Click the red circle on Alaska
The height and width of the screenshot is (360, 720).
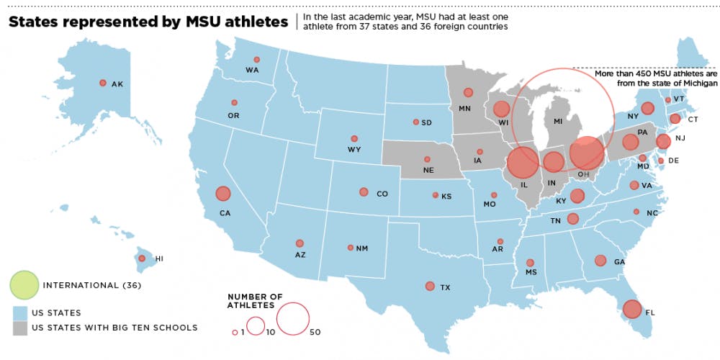click(x=102, y=84)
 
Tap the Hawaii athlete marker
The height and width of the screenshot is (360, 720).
click(x=142, y=258)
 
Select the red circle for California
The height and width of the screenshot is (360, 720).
click(x=222, y=193)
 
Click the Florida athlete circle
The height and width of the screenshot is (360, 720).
click(x=632, y=309)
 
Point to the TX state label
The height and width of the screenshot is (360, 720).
click(x=445, y=288)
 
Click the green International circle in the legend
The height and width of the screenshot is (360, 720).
click(x=24, y=285)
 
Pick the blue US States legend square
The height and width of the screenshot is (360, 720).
click(x=20, y=313)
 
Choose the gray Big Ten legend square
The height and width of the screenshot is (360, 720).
click(x=20, y=328)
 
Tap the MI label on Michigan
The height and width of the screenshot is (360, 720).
click(x=557, y=122)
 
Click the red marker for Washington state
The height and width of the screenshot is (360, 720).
click(x=256, y=60)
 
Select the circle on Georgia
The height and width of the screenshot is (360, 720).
click(x=600, y=261)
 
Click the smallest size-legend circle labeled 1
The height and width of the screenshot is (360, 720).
click(x=235, y=332)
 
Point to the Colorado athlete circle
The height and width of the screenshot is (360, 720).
click(x=364, y=192)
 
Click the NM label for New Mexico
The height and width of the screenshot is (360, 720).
click(x=362, y=248)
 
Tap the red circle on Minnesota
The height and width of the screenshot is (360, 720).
click(x=468, y=92)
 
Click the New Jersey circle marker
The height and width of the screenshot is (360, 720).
click(x=663, y=142)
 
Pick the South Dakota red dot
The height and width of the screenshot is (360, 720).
click(x=415, y=122)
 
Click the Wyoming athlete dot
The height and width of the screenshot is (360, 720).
click(x=354, y=138)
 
